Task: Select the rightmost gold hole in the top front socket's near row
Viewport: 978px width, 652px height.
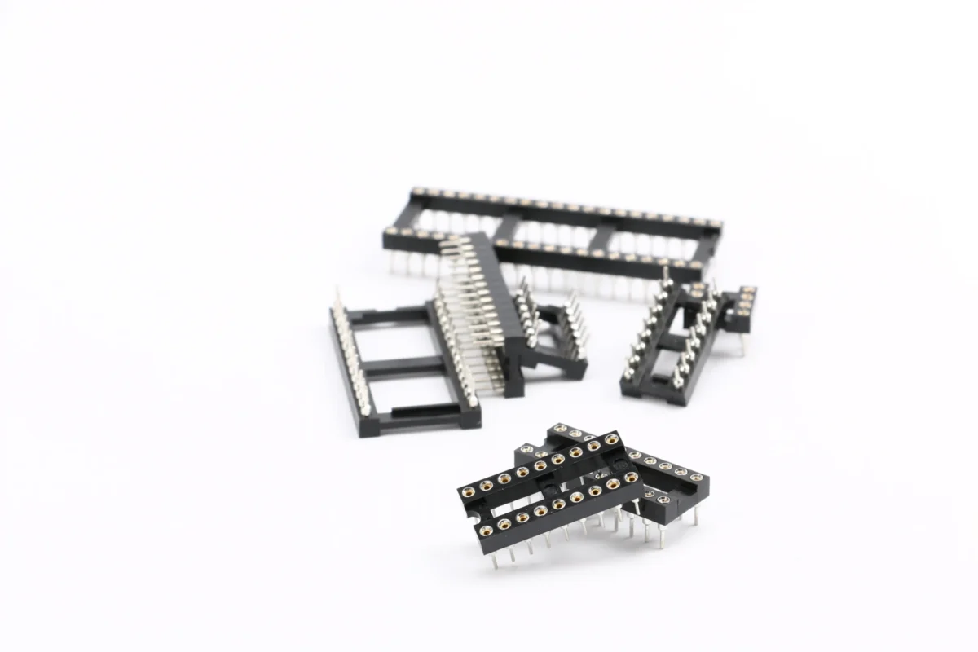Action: pyautogui.click(x=630, y=477)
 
